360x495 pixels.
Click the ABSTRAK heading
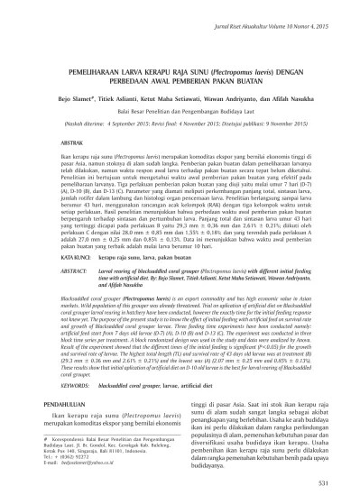(x=72, y=142)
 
